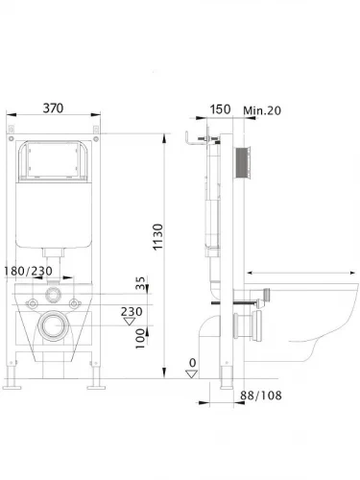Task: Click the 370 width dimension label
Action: [x=53, y=108]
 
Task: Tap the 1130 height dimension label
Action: [x=157, y=237]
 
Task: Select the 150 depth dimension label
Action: [x=220, y=109]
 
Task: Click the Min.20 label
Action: [x=262, y=110]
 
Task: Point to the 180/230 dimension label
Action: [x=28, y=272]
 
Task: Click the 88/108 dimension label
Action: [x=261, y=396]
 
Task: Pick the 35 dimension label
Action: [x=140, y=283]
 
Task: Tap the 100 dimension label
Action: [x=140, y=339]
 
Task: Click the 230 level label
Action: [x=132, y=311]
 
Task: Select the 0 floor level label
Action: [x=192, y=363]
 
